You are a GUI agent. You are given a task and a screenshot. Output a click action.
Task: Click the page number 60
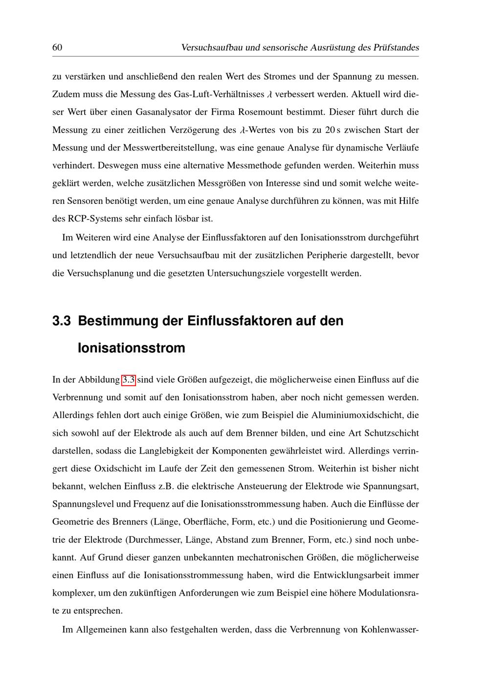point(57,47)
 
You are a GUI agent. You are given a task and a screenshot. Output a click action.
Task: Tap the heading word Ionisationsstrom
point(132,348)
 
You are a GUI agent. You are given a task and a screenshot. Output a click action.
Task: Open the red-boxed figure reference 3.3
point(128,380)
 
